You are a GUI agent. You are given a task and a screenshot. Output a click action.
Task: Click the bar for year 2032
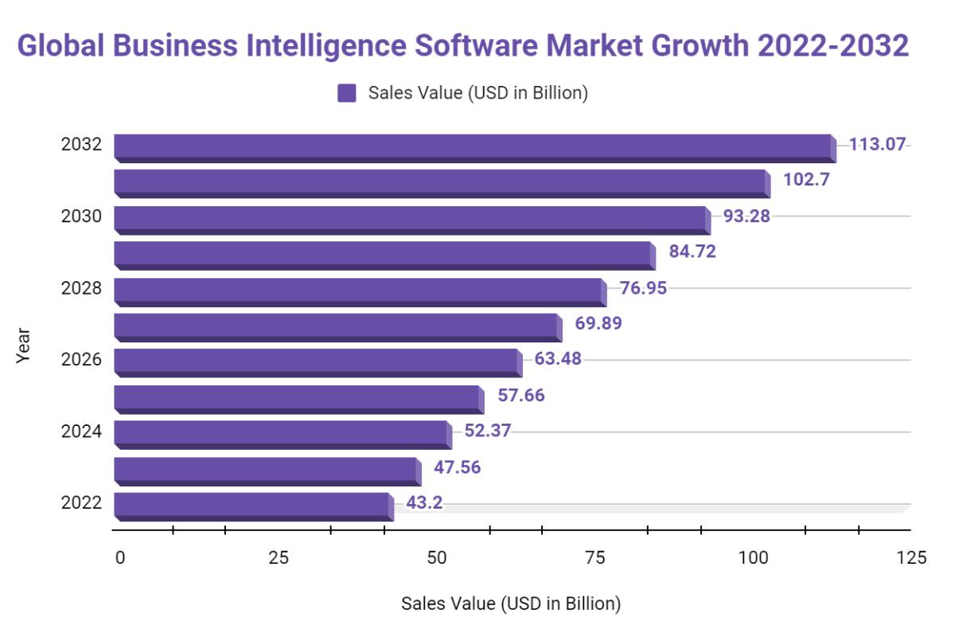tap(474, 147)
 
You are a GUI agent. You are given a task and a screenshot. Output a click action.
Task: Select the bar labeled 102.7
tap(442, 183)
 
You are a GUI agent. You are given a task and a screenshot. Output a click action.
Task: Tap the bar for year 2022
tap(253, 506)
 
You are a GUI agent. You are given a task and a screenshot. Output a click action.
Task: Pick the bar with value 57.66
tap(298, 398)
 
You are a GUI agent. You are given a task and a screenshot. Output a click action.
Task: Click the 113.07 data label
tap(877, 144)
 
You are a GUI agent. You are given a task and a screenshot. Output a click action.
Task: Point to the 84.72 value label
tap(692, 252)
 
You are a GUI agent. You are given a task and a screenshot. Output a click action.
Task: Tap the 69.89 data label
tap(598, 323)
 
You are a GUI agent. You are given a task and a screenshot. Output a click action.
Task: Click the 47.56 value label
tap(457, 467)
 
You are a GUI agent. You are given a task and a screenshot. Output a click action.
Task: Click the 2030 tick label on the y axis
tap(81, 216)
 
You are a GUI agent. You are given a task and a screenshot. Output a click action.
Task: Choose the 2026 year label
tap(81, 359)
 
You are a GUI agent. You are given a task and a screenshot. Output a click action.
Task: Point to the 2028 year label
tap(81, 287)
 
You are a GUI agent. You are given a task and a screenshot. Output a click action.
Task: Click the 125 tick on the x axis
tap(911, 557)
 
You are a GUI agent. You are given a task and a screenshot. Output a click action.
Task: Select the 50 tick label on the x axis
tap(436, 557)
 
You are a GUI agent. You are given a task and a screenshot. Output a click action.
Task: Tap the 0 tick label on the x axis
tap(119, 557)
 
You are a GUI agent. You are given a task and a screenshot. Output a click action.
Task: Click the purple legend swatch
tap(346, 93)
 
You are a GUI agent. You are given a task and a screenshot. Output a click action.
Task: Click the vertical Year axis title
tap(23, 345)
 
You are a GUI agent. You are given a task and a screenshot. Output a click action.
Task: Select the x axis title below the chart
tap(510, 604)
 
